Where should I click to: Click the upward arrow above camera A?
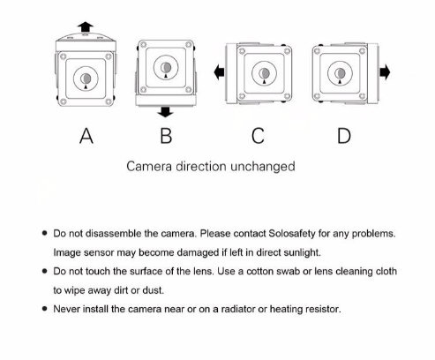point(86,26)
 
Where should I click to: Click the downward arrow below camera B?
point(166,112)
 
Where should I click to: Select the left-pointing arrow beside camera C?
point(219,72)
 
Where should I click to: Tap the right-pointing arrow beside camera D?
point(385,72)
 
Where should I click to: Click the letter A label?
point(86,136)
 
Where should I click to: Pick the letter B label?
point(166,136)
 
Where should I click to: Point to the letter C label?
point(258,136)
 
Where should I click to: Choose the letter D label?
point(344,136)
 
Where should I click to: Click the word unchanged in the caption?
point(263,167)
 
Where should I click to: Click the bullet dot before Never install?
point(45,309)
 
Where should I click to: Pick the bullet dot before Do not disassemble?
point(45,233)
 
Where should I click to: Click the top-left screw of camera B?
point(143,45)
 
